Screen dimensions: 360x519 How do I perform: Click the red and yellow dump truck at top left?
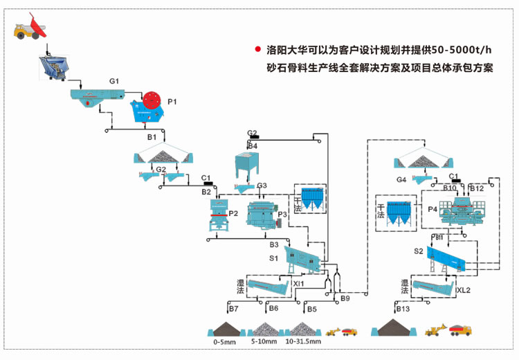(x=30, y=28)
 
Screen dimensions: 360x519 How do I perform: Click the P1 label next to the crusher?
(x=172, y=102)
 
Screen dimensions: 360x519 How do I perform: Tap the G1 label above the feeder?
(x=114, y=82)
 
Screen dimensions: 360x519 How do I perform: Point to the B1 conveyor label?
(x=152, y=138)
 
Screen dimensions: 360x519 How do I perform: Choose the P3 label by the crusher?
(x=282, y=215)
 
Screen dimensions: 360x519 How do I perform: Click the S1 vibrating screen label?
(x=274, y=258)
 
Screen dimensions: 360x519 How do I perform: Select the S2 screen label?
(x=418, y=251)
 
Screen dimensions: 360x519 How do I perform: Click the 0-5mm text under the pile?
(x=226, y=341)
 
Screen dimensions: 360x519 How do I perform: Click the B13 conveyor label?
(x=403, y=309)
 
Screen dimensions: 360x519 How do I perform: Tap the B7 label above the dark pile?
(x=234, y=308)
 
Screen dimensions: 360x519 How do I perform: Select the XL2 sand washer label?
(x=464, y=290)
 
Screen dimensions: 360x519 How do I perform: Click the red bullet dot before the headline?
(x=257, y=50)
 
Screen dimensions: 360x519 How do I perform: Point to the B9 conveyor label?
(x=345, y=298)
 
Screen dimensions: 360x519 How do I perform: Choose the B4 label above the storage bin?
(x=253, y=146)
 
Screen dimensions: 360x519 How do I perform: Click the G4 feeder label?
(x=401, y=180)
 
